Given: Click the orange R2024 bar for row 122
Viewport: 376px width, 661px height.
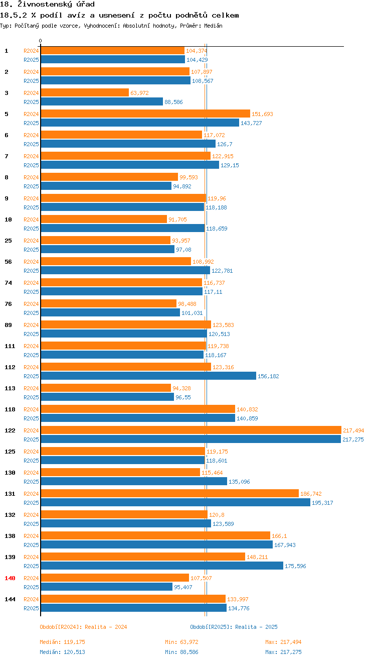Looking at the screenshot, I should tap(191, 430).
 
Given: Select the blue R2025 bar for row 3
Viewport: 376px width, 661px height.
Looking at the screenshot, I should tap(102, 101).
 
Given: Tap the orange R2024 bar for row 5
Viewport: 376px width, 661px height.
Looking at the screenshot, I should tap(145, 114).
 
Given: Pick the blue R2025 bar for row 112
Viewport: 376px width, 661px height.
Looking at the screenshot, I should tap(148, 376).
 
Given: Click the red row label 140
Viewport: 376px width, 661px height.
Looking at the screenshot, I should tap(10, 578).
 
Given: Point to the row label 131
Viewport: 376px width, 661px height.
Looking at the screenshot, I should tap(10, 494).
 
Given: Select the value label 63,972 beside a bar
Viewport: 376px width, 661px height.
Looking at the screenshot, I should tap(139, 93).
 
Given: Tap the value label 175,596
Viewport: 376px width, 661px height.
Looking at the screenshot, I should tap(295, 566).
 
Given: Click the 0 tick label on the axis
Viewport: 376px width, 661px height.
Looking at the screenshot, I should tap(41, 41).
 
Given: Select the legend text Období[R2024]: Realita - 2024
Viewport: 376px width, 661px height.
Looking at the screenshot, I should tap(83, 627).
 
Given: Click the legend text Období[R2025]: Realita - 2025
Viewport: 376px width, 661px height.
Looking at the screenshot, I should tap(234, 627).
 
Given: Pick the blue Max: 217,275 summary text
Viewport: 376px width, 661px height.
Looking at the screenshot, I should tap(283, 652).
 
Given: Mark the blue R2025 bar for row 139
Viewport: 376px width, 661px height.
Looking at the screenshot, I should tap(161, 566).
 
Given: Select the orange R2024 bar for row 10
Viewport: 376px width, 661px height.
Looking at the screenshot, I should tap(103, 219).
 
